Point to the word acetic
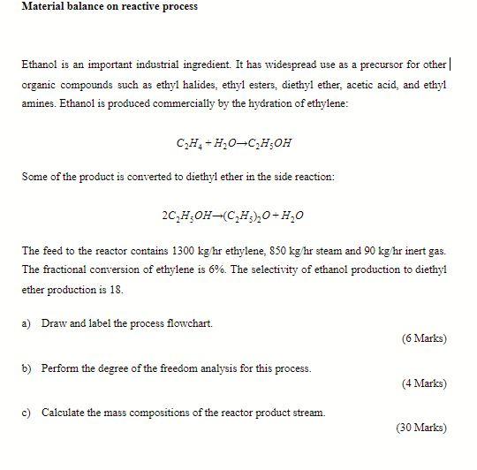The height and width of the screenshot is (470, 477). coord(351,85)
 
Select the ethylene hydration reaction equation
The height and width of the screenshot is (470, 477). coord(233,142)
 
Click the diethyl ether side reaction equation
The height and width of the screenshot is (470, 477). coord(233,215)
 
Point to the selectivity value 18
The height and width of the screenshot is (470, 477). coord(117,289)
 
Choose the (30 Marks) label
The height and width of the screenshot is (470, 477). coord(420,428)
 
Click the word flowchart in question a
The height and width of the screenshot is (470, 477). coord(188,323)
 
